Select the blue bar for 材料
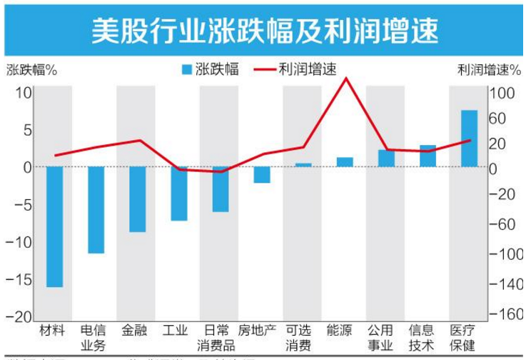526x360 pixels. point(55,226)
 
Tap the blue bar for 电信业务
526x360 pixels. point(96,209)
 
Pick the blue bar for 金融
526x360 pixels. point(138,199)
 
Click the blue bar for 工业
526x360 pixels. point(179,193)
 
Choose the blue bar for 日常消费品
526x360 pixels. point(221,189)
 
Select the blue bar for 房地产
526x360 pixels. point(262,174)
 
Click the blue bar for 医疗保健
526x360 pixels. point(469,139)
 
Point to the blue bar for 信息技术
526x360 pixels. point(428,156)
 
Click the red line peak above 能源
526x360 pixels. point(346,78)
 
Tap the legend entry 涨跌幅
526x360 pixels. point(211,69)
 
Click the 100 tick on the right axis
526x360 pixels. point(502,93)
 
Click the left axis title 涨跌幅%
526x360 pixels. point(32,70)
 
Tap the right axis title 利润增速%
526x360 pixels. point(488,70)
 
